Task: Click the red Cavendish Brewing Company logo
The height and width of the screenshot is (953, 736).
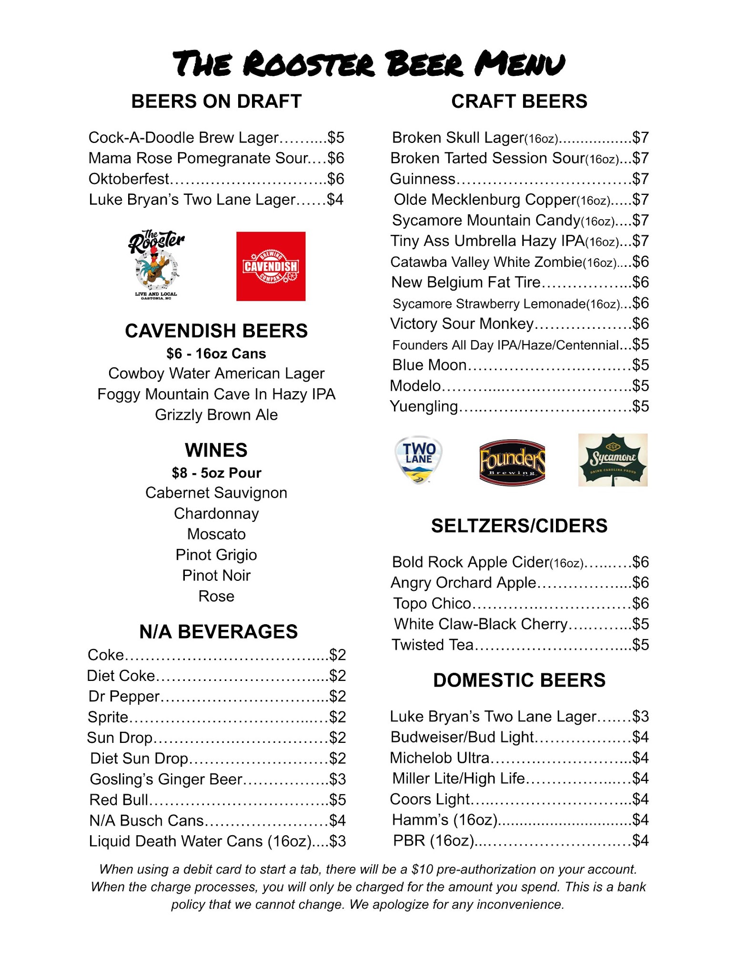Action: (271, 266)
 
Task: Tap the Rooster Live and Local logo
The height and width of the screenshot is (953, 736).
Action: (156, 265)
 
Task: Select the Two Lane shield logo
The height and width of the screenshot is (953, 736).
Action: (418, 459)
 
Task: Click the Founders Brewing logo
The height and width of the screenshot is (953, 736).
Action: (512, 462)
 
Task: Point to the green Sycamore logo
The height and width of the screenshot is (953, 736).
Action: (613, 459)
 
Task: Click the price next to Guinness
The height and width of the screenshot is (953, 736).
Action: (640, 179)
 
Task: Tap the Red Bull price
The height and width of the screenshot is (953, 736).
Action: (337, 800)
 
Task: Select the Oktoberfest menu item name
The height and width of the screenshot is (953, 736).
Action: (129, 179)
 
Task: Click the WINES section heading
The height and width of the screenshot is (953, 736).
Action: (216, 450)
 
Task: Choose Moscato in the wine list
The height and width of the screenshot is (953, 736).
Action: (216, 534)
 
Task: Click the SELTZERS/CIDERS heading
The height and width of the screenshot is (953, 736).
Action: (519, 526)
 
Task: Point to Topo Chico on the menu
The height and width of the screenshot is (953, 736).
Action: (432, 603)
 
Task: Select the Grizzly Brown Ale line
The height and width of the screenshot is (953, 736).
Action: (216, 415)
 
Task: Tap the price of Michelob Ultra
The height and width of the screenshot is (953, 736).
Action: (640, 758)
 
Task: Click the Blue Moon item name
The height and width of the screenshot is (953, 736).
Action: (429, 365)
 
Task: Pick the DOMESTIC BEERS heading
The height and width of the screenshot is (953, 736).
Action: (519, 680)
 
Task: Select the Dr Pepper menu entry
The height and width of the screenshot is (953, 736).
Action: (124, 696)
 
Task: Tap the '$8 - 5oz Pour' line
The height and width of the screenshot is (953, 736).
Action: (216, 473)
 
